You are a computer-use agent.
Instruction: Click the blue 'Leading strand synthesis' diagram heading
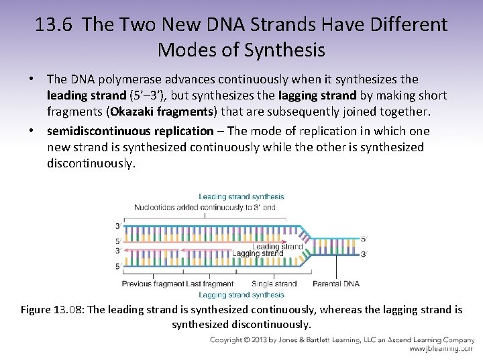[241, 197]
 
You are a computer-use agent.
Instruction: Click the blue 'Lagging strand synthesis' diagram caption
[241, 294]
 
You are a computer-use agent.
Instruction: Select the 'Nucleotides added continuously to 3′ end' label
[204, 207]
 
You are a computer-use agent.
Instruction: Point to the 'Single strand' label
[274, 284]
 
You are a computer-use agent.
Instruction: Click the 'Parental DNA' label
[337, 284]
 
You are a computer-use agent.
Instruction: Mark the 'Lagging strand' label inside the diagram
[267, 254]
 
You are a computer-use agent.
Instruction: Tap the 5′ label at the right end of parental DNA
[364, 239]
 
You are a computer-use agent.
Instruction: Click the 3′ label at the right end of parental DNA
[364, 254]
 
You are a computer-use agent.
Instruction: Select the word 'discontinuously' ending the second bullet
[91, 163]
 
